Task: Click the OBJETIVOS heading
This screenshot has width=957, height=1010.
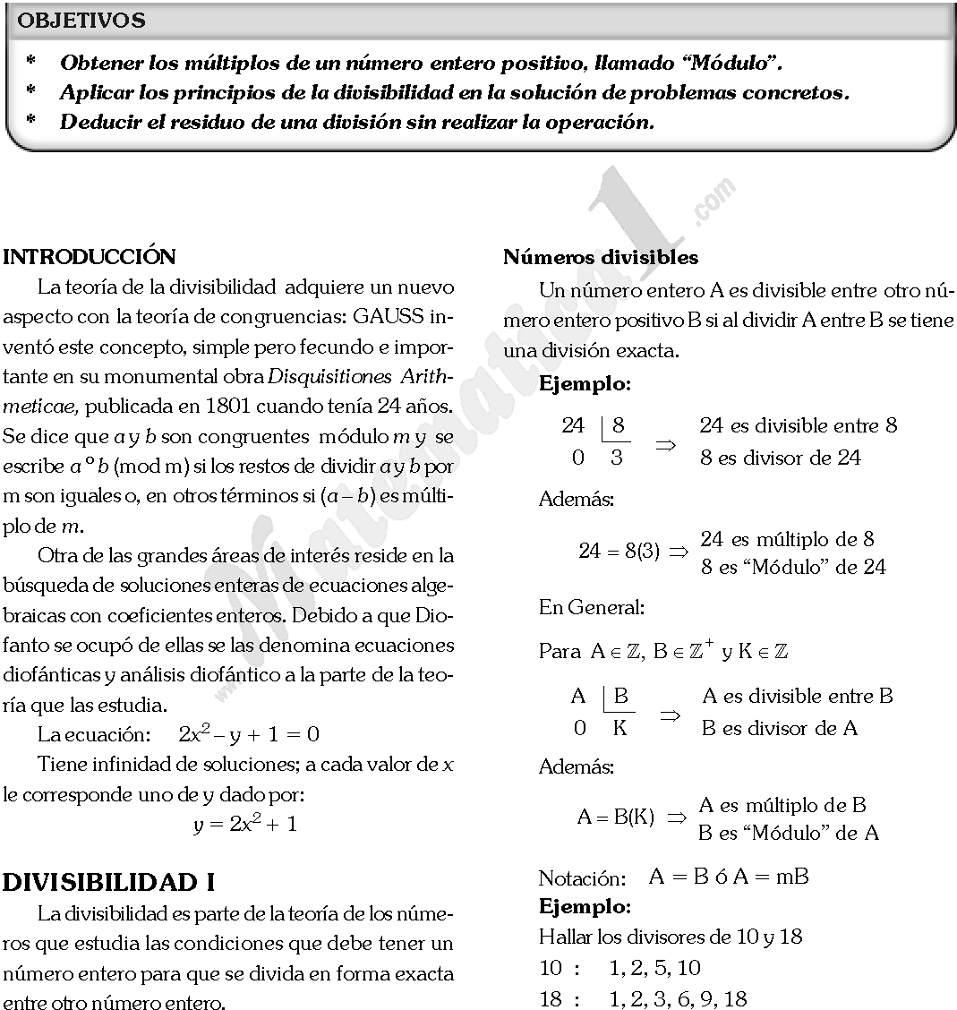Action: [81, 21]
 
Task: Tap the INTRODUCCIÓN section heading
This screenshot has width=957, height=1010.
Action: [90, 257]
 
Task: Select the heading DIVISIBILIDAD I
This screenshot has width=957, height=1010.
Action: [108, 882]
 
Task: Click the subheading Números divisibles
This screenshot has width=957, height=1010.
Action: [601, 257]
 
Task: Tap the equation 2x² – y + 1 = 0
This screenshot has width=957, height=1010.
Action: [249, 735]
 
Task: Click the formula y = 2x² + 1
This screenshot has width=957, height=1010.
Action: [244, 825]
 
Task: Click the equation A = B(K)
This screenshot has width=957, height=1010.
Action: [616, 817]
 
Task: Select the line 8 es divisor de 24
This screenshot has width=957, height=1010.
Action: [780, 458]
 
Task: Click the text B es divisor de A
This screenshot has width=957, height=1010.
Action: [779, 728]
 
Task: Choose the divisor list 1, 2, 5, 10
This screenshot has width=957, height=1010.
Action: [654, 968]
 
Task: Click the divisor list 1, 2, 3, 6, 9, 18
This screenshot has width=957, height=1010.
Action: [678, 998]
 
